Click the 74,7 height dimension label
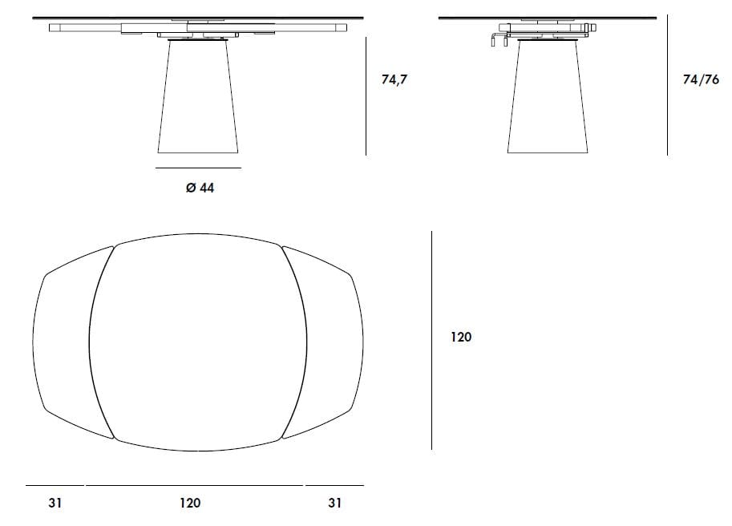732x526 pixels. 394,80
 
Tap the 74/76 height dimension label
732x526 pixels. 701,80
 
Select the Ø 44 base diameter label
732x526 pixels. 200,188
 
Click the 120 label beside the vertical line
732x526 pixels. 461,337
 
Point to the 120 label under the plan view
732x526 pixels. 190,503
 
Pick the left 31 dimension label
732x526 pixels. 55,503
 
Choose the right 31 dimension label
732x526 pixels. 334,503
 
